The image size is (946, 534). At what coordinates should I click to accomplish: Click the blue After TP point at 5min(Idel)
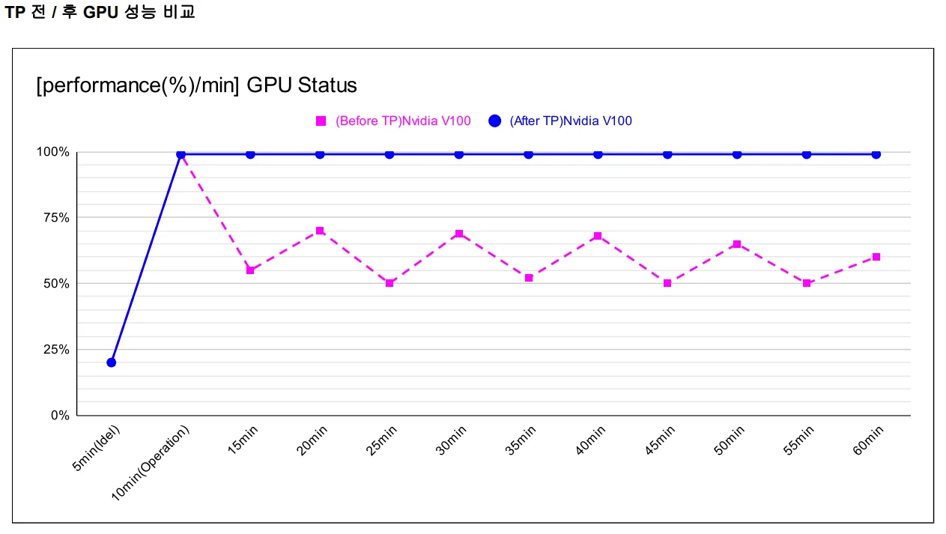click(x=112, y=362)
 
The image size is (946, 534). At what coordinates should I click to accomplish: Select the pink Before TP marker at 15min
click(x=250, y=270)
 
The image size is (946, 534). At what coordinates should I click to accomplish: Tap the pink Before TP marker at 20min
click(x=320, y=231)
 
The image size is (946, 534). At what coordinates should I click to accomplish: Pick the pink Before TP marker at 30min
click(x=459, y=234)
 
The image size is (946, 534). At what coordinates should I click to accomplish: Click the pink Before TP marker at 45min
click(x=667, y=283)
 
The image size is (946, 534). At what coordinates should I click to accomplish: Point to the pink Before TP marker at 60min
click(x=876, y=257)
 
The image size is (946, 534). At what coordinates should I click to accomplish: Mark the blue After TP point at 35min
click(x=529, y=154)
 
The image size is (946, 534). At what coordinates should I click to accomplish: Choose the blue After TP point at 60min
click(x=876, y=154)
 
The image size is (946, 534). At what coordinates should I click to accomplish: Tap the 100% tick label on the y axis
click(x=53, y=152)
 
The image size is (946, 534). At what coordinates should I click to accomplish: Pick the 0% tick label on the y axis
click(x=60, y=416)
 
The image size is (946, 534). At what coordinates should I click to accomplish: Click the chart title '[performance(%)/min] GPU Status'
click(x=197, y=85)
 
